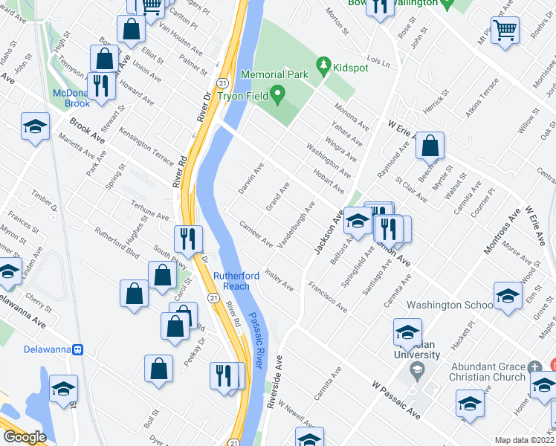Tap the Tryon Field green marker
[277, 95]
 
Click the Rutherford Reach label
[236, 281]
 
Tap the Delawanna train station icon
[77, 349]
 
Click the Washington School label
[450, 305]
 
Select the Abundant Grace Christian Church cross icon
[534, 366]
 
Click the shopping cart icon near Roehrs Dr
[505, 30]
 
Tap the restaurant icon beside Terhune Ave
[188, 238]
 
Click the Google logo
[25, 437]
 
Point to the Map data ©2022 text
[523, 440]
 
